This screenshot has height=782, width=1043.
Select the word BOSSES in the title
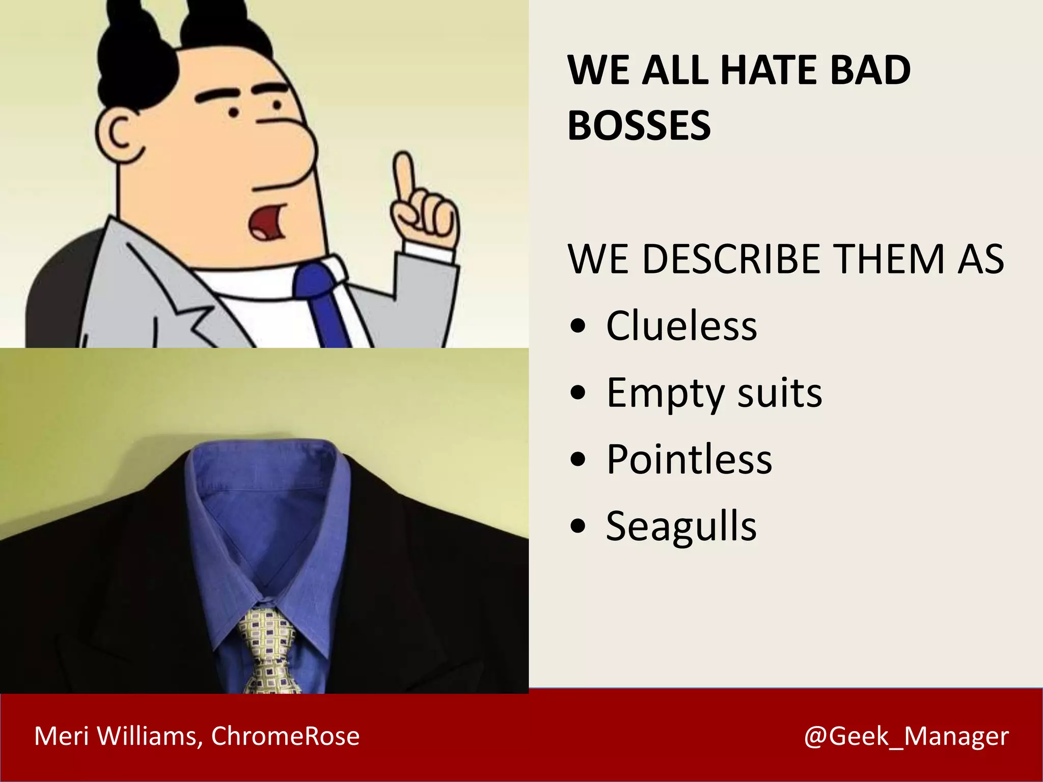pos(639,126)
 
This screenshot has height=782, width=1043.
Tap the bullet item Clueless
pos(681,326)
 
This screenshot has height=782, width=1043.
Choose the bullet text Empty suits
pos(714,393)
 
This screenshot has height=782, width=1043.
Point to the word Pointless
pos(689,459)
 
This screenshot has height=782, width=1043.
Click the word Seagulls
pos(681,526)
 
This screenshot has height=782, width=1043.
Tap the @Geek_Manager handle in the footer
pos(906,736)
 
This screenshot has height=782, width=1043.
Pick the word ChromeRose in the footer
pos(285,736)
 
